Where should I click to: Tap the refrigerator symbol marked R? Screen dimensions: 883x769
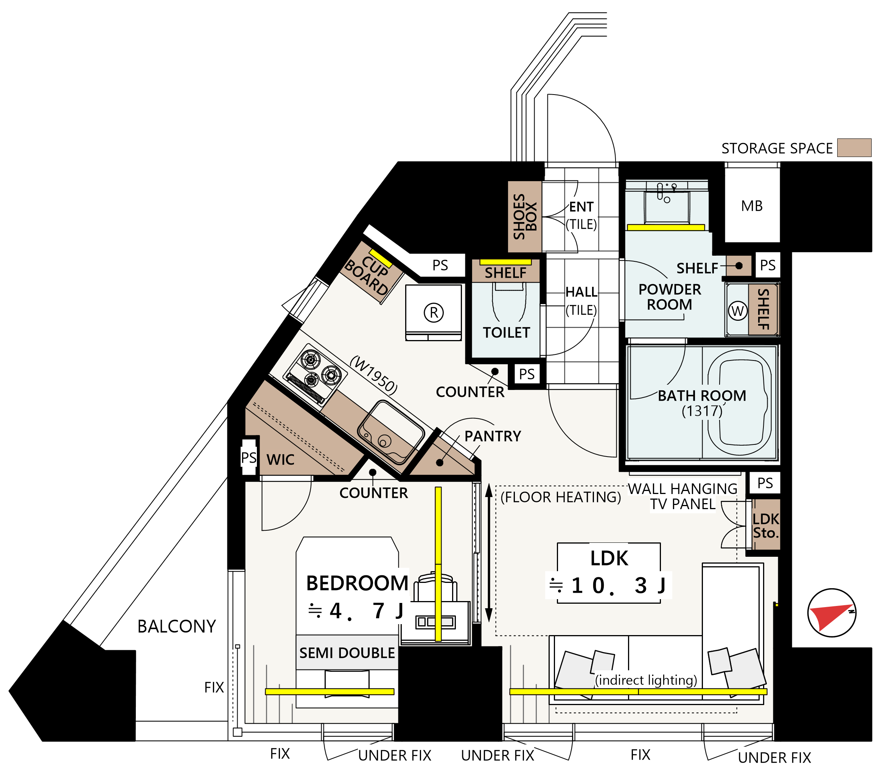click(434, 312)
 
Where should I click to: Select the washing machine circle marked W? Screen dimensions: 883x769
click(737, 310)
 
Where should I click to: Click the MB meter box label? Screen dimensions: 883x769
click(752, 206)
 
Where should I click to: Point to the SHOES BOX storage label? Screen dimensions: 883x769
click(525, 216)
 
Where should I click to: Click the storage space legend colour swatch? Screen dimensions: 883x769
click(854, 148)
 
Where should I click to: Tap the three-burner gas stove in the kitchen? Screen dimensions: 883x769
click(316, 374)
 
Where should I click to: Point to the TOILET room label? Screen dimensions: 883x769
click(506, 332)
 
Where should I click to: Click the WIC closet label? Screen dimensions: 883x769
click(280, 460)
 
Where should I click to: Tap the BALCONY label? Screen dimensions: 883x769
click(176, 626)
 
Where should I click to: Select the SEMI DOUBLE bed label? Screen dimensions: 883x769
click(347, 653)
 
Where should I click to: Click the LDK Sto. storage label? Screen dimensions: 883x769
click(766, 526)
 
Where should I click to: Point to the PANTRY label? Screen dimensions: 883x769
click(493, 436)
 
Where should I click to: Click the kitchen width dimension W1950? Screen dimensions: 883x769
click(373, 374)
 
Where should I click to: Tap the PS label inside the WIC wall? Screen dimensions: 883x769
click(249, 457)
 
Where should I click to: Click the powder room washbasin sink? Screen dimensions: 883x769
click(667, 207)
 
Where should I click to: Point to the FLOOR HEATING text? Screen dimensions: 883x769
click(561, 497)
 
